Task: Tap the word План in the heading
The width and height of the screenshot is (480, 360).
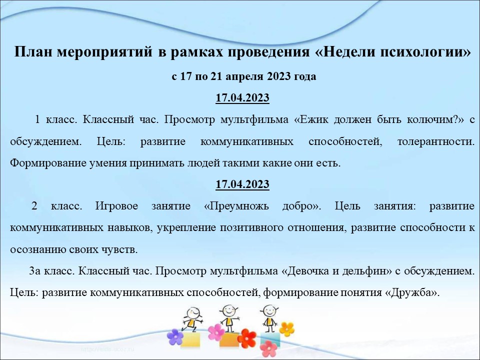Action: pyautogui.click(x=33, y=51)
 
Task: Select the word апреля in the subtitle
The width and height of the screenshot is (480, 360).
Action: pyautogui.click(x=244, y=76)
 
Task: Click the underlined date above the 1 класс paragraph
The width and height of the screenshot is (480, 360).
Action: pyautogui.click(x=242, y=97)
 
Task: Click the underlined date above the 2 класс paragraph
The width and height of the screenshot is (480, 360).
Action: pyautogui.click(x=242, y=184)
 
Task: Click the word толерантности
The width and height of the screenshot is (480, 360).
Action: pyautogui.click(x=436, y=141)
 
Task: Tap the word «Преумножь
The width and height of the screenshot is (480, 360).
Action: pyautogui.click(x=236, y=206)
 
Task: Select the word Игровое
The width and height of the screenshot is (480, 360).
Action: pyautogui.click(x=116, y=206)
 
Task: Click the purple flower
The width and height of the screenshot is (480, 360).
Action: pyautogui.click(x=175, y=337)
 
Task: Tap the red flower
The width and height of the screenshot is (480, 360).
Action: pyautogui.click(x=247, y=339)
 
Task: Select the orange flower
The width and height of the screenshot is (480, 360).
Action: pyautogui.click(x=287, y=329)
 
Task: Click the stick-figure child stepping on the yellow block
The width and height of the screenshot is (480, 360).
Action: pyautogui.click(x=192, y=320)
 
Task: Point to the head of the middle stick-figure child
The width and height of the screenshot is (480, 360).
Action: pyautogui.click(x=228, y=310)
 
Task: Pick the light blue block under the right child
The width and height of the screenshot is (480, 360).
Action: pyautogui.click(x=270, y=339)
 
